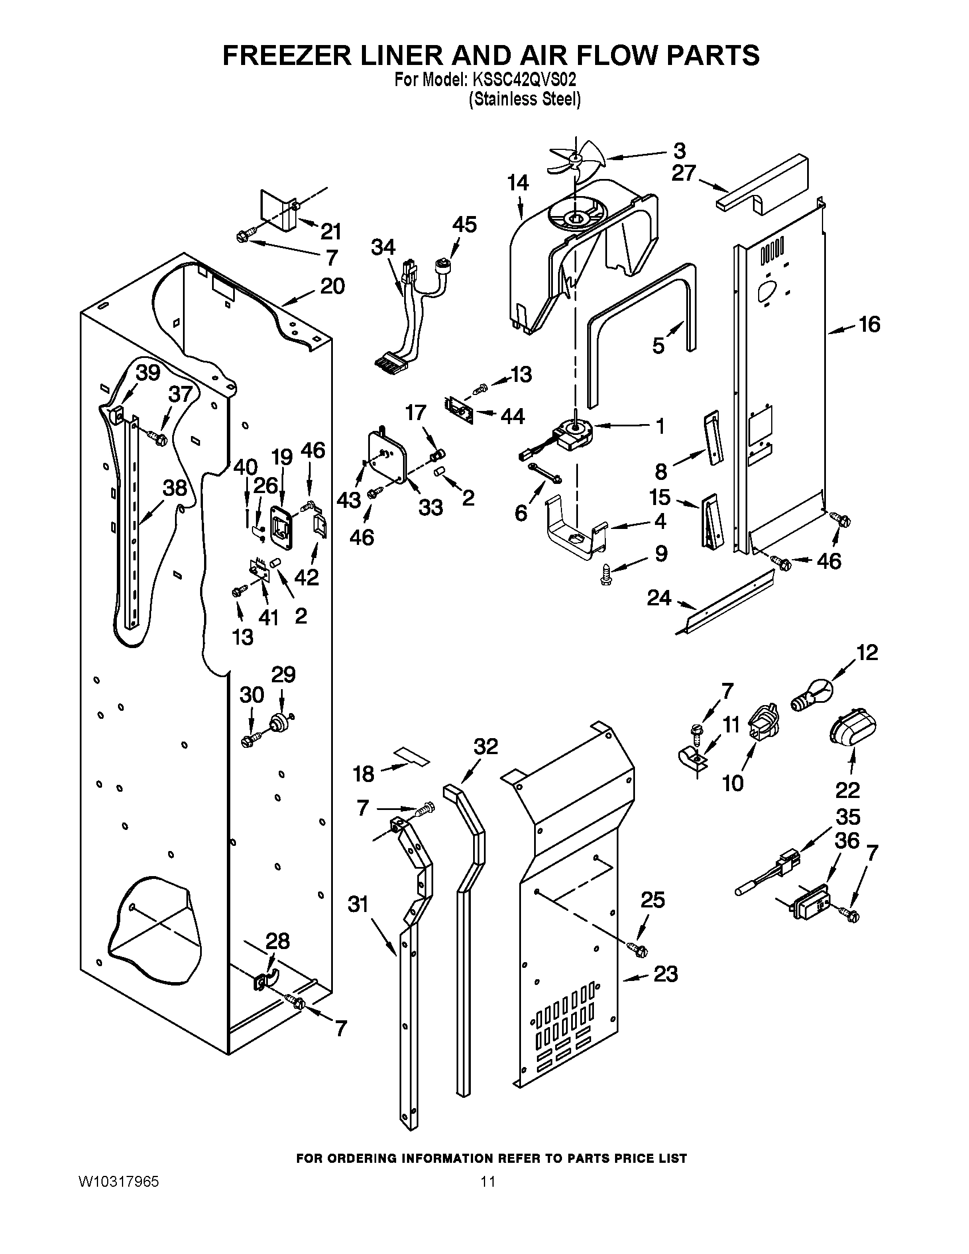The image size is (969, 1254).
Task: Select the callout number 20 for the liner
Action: coord(332,286)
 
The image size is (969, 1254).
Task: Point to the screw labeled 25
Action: coord(637,950)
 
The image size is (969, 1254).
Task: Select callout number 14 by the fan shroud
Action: coord(518,183)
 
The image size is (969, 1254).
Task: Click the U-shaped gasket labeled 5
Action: coord(643,321)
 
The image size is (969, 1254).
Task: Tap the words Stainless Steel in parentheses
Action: coord(524,100)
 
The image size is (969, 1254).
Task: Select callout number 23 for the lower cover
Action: coord(665,974)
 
